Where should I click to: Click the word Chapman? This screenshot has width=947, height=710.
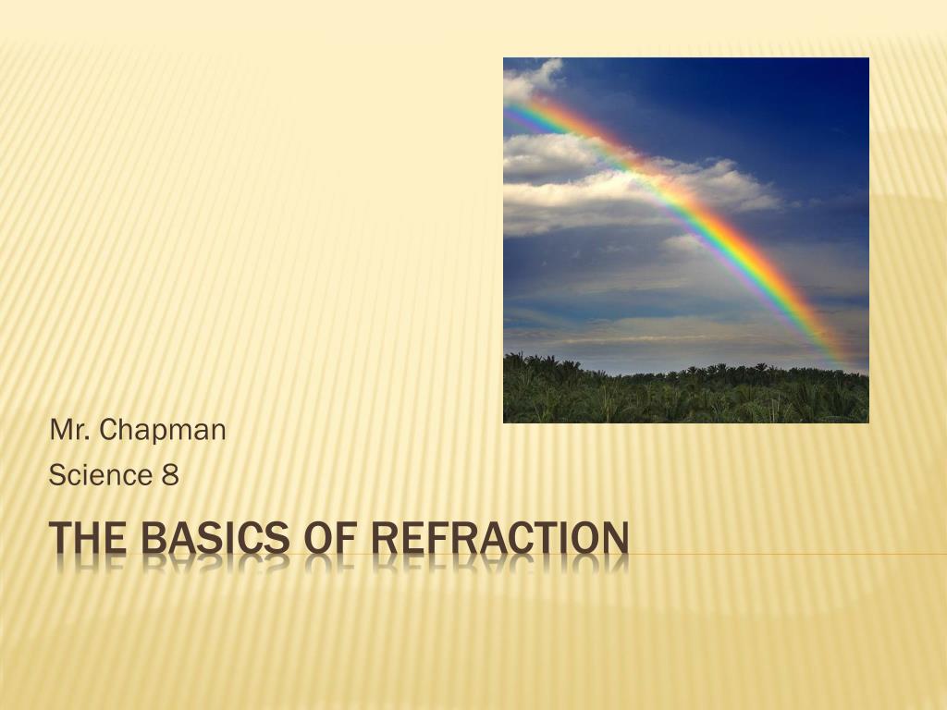tap(163, 431)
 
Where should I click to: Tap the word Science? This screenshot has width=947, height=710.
tap(100, 474)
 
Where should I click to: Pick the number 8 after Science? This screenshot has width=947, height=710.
tap(170, 475)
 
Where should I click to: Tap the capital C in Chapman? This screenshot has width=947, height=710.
tap(110, 430)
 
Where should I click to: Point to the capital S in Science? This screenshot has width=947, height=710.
tap(58, 474)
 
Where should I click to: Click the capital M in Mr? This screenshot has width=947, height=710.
tap(62, 430)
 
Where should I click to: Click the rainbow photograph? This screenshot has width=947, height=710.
tap(686, 240)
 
